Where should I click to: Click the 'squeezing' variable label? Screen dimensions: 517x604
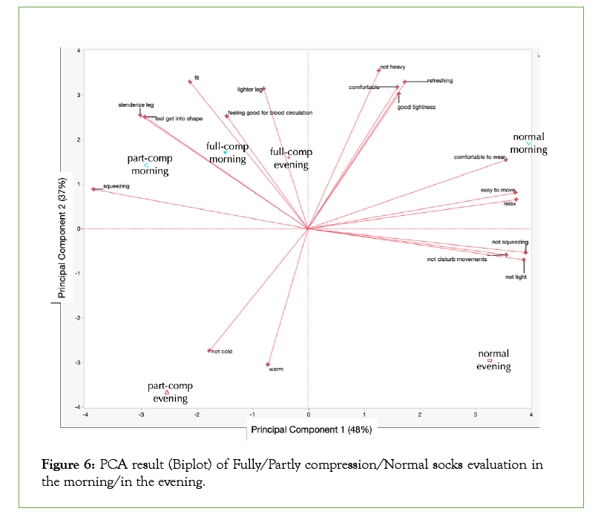tap(116, 186)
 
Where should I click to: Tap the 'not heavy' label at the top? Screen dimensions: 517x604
tap(393, 67)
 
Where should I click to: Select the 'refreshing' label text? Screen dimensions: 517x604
tap(440, 81)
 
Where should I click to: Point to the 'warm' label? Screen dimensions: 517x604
tap(276, 369)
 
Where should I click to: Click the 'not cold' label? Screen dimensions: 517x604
tap(222, 351)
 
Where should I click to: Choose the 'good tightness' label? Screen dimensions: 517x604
tap(416, 107)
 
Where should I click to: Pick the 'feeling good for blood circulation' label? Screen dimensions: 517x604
tap(270, 113)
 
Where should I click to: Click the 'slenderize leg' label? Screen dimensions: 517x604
tap(137, 105)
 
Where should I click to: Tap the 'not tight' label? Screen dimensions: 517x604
tap(516, 277)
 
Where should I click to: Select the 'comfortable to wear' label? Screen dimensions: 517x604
tap(479, 157)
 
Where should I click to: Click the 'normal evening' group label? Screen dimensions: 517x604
tap(493, 360)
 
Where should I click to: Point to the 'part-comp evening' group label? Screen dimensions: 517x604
tap(170, 392)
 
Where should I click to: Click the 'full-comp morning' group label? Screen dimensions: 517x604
tap(227, 153)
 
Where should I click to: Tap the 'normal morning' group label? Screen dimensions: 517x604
tap(529, 143)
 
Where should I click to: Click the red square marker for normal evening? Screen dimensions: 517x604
tap(490, 360)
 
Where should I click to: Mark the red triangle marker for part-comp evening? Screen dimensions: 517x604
tap(167, 392)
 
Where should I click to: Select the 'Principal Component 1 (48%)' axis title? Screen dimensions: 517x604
tap(311, 429)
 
